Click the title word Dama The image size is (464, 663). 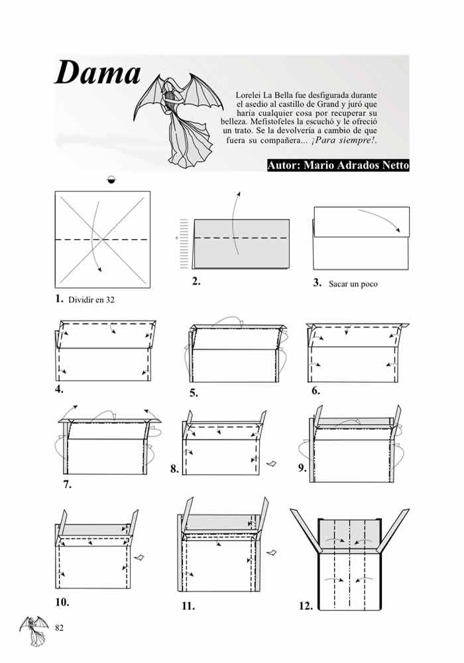click(x=97, y=73)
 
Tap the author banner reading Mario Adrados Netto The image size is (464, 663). click(x=337, y=166)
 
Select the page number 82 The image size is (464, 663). click(x=60, y=627)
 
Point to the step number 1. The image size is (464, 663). click(x=59, y=298)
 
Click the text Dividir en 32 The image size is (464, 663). click(x=91, y=300)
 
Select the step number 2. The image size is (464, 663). click(x=196, y=281)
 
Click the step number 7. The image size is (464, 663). click(x=68, y=484)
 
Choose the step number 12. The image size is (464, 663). click(x=306, y=605)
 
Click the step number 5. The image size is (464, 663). click(x=194, y=392)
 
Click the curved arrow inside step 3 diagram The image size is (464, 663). click(x=379, y=219)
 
